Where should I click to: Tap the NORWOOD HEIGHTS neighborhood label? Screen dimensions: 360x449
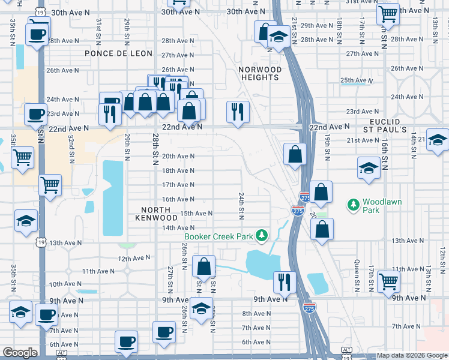pos(260,73)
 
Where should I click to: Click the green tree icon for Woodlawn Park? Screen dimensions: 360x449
pos(354,206)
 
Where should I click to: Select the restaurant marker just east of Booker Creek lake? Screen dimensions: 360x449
pos(284,281)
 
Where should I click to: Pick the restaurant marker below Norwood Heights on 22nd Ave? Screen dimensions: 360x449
pos(238,111)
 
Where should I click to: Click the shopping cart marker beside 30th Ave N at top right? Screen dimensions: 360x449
pos(388,13)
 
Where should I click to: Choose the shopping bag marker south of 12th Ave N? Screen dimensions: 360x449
pos(204,266)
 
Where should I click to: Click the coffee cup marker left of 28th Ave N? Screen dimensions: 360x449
pos(37,34)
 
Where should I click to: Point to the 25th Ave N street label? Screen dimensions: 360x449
pos(355,80)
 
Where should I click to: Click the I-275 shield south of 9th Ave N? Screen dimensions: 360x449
pos(309,308)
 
